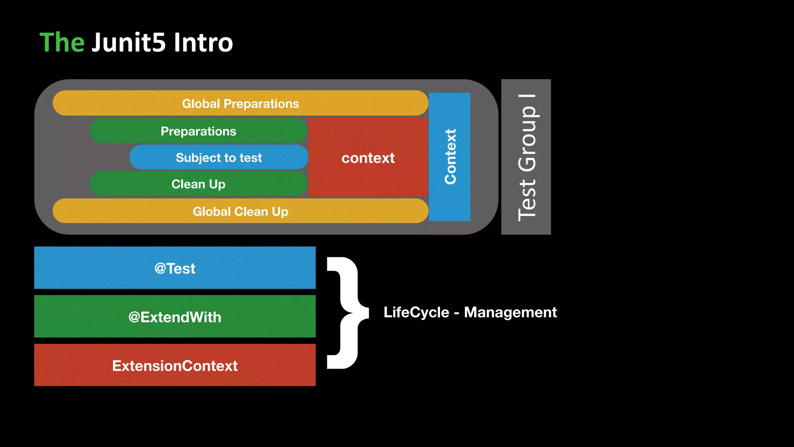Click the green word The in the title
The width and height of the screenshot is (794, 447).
(62, 42)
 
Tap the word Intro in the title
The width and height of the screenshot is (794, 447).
(203, 42)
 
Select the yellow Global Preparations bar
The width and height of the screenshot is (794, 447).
(240, 103)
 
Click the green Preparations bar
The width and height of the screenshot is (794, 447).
(198, 131)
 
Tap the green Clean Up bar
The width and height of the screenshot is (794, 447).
(198, 184)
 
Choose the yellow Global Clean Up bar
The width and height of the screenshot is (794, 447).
(240, 211)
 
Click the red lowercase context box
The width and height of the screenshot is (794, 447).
(368, 158)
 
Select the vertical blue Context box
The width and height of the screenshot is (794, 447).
(450, 157)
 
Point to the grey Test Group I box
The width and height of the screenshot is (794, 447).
(526, 157)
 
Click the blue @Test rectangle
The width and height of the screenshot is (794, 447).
(175, 268)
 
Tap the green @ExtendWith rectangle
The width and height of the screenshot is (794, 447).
(175, 317)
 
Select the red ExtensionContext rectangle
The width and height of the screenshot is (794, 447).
(175, 365)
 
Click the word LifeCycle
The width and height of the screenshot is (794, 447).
(416, 312)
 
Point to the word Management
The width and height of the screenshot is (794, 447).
(510, 312)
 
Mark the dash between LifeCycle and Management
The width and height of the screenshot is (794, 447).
(456, 313)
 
